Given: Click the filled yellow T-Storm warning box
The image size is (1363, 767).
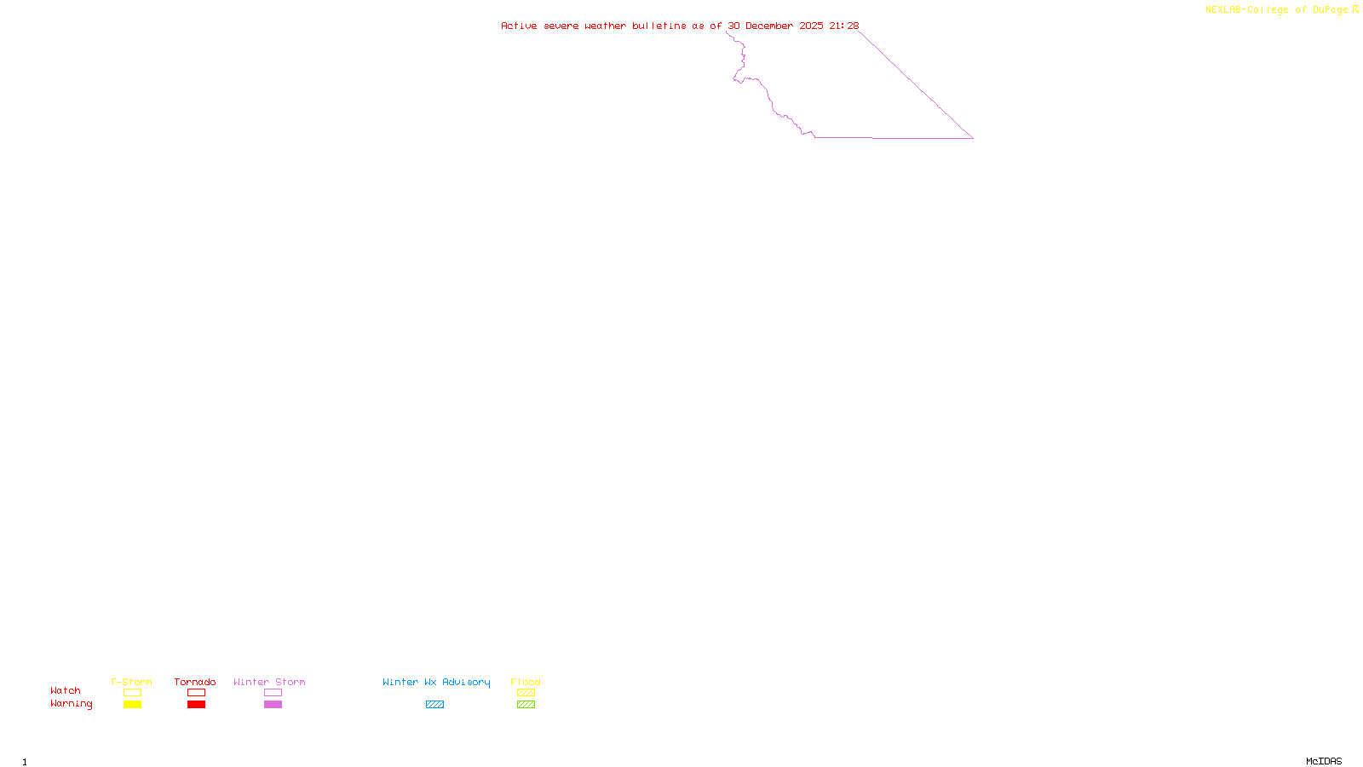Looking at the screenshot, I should [132, 705].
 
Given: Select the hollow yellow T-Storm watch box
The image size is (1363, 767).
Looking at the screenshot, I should [132, 693].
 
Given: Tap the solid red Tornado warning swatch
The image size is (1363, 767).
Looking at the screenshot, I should [196, 705].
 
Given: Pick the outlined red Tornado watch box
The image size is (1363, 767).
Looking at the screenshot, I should [196, 693].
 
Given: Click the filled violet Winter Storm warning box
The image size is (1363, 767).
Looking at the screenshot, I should [273, 705].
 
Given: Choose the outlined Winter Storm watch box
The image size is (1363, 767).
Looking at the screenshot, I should [273, 693].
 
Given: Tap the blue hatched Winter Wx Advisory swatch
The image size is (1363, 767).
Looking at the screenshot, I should [434, 705].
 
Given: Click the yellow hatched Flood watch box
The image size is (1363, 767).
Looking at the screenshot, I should [526, 693].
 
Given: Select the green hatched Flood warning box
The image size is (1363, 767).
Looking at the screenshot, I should [526, 705].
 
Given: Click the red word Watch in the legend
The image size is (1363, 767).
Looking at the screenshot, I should [66, 691].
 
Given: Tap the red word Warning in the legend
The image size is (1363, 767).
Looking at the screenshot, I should [71, 704].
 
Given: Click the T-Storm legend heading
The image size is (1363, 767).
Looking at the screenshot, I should [131, 682].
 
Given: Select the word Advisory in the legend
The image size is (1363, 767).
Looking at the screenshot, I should [466, 682].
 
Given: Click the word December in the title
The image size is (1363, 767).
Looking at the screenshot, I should [769, 26].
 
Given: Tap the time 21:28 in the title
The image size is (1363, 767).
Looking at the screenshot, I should [844, 26].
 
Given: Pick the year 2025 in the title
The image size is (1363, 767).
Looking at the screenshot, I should [811, 26].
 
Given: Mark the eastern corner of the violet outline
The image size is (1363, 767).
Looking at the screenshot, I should [973, 138].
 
